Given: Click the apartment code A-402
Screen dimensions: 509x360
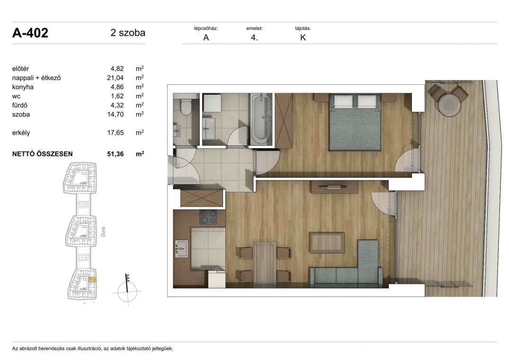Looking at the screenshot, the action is [30, 33].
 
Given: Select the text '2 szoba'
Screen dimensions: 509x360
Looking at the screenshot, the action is [127, 33].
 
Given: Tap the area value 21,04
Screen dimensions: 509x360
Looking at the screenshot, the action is [115, 78].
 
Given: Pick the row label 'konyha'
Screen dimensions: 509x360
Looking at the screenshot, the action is [23, 87].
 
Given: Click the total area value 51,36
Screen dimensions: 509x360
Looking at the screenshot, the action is [115, 154].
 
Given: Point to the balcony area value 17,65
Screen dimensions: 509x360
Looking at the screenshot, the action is [115, 133].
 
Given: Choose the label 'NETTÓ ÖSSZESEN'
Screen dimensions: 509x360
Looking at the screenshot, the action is [42, 154].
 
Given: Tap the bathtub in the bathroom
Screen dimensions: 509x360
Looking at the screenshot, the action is [261, 119].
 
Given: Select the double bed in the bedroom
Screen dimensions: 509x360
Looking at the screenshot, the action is [355, 122].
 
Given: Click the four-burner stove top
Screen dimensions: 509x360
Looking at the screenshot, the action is [208, 217].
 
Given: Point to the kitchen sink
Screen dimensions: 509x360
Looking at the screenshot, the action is [181, 249].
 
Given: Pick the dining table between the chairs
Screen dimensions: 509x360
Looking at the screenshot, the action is [264, 264].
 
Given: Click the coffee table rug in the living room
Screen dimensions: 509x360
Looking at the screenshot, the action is [327, 242].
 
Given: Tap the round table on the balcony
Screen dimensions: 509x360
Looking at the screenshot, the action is [449, 104].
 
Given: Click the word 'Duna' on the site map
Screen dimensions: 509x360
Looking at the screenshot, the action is [103, 232].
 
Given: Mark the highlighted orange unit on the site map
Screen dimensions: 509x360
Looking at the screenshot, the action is [92, 279].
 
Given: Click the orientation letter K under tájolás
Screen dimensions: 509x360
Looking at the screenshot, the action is [303, 37].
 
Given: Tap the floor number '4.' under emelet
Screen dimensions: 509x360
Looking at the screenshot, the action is [254, 37].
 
